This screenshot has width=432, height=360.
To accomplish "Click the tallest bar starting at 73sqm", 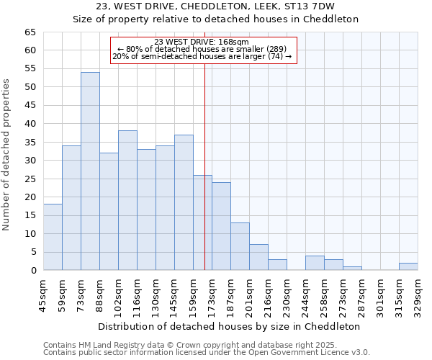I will point(90,171).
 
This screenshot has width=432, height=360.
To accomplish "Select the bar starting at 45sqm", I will point(53,237).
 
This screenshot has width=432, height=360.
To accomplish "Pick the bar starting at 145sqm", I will point(184,202).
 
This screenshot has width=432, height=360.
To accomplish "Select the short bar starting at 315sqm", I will point(408,266).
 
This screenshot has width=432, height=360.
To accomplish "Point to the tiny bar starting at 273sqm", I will point(352,269).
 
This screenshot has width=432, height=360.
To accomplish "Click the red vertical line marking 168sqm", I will point(205,180).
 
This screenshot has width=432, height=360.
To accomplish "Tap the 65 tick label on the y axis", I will point(30,32).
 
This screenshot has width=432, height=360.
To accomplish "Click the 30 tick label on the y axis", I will point(30,161).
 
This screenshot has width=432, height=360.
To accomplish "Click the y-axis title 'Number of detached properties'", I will point(7,155).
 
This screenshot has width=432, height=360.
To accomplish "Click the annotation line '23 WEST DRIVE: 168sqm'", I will point(202,42).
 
